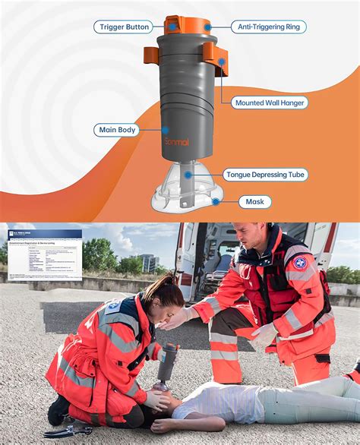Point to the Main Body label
coord(118,130)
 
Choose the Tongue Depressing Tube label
coord(264,175)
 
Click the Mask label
coord(254,201)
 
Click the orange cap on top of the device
coord(188,24)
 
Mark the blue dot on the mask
coord(216,201)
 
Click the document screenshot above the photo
coord(44,254)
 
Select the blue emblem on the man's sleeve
coord(300,262)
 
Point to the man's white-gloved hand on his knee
coord(265,335)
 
